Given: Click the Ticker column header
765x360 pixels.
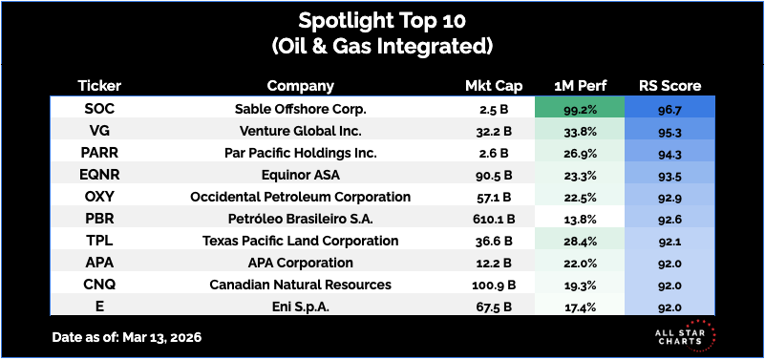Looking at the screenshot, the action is click(99, 86).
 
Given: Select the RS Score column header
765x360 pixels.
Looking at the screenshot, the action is click(669, 86).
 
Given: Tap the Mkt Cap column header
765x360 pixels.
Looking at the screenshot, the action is click(494, 86).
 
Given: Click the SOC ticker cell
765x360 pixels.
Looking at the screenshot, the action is click(99, 109).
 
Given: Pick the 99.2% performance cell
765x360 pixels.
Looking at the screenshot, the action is click(580, 109).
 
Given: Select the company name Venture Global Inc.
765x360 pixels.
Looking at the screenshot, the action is click(301, 131).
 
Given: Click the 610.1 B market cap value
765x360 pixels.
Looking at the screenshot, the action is click(494, 219).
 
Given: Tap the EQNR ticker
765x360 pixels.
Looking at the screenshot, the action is click(99, 175).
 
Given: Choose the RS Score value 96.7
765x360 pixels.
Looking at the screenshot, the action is click(669, 110).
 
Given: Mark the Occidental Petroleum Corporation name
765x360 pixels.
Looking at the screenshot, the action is click(301, 197).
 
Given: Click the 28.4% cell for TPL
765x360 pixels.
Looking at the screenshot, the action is click(580, 241).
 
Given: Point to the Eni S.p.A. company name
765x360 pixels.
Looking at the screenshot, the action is click(301, 307).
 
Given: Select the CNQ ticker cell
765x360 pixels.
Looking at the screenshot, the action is click(99, 285).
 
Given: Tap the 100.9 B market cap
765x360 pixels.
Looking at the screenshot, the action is click(494, 285).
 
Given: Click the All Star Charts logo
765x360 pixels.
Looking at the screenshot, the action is click(685, 335).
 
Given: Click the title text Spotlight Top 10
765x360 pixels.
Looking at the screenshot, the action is click(382, 21).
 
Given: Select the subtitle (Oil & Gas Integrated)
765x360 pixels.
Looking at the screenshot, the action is click(382, 46).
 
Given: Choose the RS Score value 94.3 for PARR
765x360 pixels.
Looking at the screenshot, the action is click(669, 154).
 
